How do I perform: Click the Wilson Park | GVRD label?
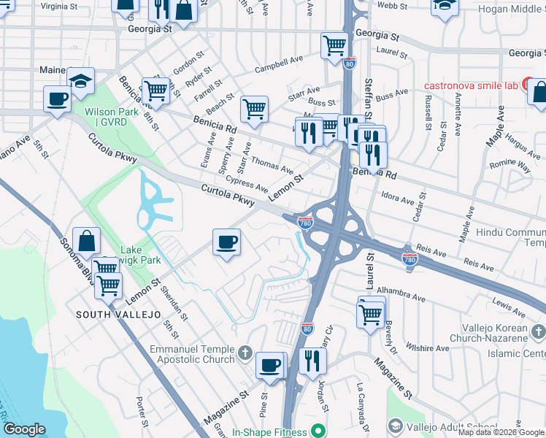pos(106,117)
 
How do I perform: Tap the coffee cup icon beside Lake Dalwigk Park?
pos(227,242)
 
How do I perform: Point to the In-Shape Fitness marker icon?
pos(318,430)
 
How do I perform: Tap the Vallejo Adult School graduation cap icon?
pos(395,426)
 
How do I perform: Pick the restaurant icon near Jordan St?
pos(312,359)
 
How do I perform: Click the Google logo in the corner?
pos(24,429)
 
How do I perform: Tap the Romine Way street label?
pos(510,165)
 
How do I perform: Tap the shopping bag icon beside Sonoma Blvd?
pos(87,242)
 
